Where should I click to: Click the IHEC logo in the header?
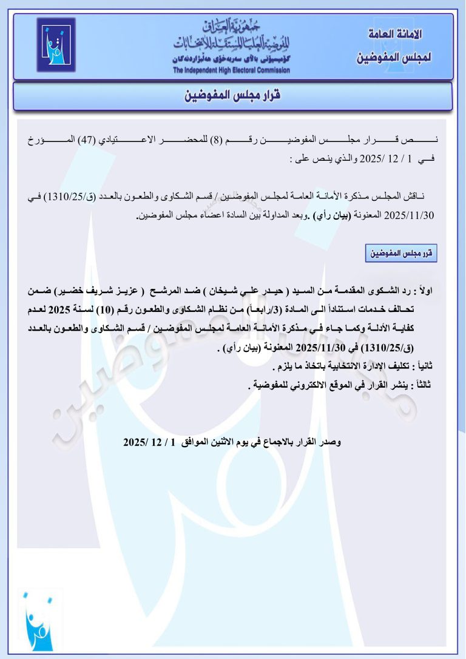[x=56, y=45]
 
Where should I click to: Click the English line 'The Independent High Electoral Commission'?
[x=231, y=70]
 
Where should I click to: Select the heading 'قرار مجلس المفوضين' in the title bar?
[x=233, y=96]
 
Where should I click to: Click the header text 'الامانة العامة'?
[x=396, y=34]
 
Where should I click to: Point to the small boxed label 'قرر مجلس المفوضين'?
[x=401, y=254]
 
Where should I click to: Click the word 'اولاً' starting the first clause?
[x=440, y=292]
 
